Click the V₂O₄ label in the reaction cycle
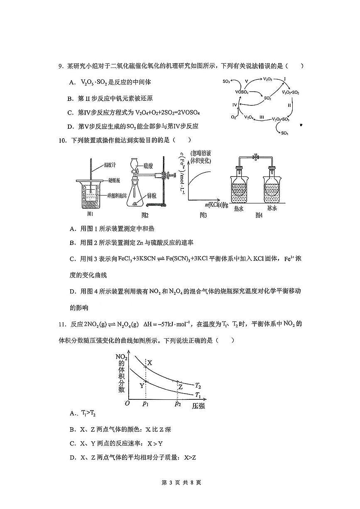click(x=249, y=118)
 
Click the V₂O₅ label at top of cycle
click(x=268, y=78)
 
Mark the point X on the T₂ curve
click(x=146, y=367)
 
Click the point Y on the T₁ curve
click(x=146, y=381)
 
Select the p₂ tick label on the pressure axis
click(x=178, y=404)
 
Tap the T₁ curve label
click(x=198, y=395)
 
